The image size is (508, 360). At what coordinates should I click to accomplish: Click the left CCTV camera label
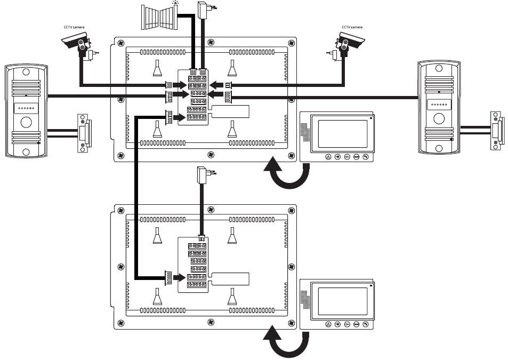click(x=74, y=27)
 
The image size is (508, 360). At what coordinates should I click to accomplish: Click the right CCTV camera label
click(x=352, y=27)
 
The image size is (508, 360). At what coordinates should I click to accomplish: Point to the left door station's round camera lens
click(x=26, y=122)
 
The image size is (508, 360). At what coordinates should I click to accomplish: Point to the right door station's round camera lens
click(x=439, y=117)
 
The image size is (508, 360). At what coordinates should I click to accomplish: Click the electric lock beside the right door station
click(x=496, y=128)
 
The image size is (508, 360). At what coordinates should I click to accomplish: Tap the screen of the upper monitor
click(x=343, y=134)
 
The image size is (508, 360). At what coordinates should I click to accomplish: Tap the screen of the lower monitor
click(x=343, y=302)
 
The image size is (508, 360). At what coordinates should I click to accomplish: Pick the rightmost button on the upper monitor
click(x=365, y=157)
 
